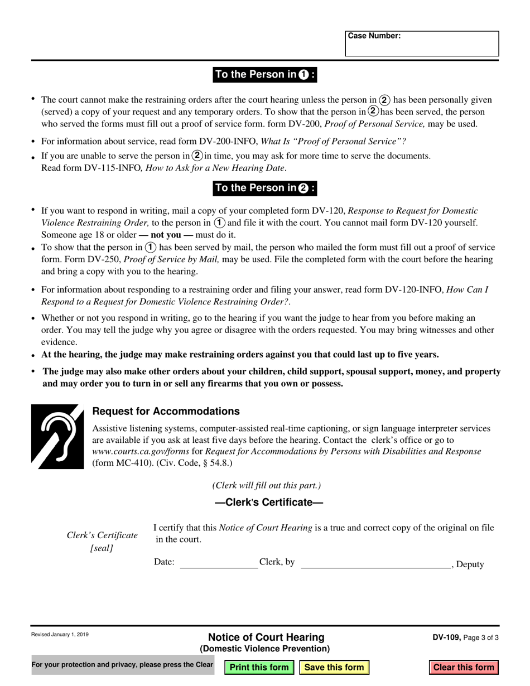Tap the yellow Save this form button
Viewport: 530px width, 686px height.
tap(334, 667)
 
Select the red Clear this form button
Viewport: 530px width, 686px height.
tap(464, 667)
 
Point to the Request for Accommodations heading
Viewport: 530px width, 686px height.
tap(166, 412)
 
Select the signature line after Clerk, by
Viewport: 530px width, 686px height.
tap(375, 564)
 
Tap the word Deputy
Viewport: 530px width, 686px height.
tap(470, 564)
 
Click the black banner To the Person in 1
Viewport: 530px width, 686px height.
tap(265, 75)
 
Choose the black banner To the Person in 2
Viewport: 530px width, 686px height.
tap(265, 188)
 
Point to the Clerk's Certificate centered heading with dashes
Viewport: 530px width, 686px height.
tap(269, 503)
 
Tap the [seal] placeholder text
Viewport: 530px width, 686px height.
tap(102, 548)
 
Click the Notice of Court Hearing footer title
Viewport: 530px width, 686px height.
tap(266, 637)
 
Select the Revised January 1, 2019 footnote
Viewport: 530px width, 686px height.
tap(60, 635)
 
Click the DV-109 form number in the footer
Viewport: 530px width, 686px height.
tap(446, 637)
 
